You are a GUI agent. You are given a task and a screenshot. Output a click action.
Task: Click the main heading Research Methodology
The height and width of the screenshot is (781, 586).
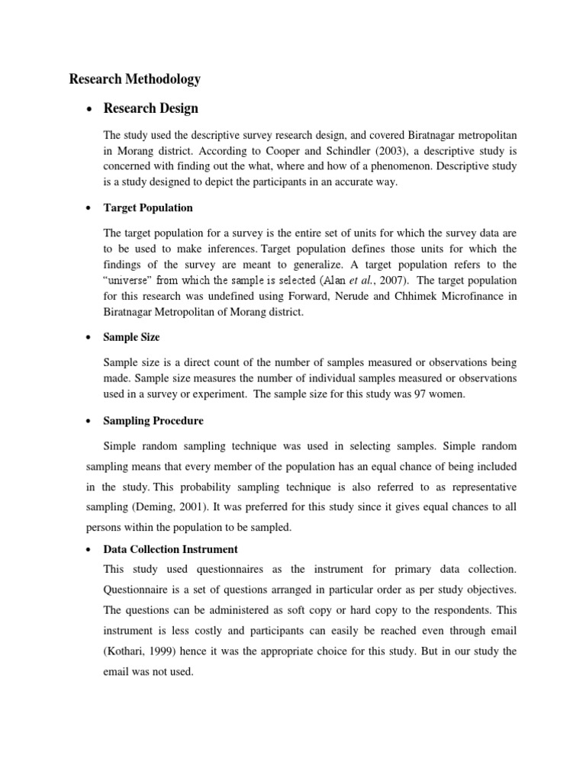pyautogui.click(x=134, y=79)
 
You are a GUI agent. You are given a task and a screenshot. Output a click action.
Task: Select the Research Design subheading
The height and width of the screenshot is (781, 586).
pyautogui.click(x=151, y=108)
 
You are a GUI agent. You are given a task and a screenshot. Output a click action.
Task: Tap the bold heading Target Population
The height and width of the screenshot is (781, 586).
pyautogui.click(x=148, y=207)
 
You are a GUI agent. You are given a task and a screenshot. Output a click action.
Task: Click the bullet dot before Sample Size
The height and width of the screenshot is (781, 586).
pyautogui.click(x=90, y=337)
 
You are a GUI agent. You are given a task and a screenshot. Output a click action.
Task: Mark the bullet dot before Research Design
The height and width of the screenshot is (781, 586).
pyautogui.click(x=90, y=109)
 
